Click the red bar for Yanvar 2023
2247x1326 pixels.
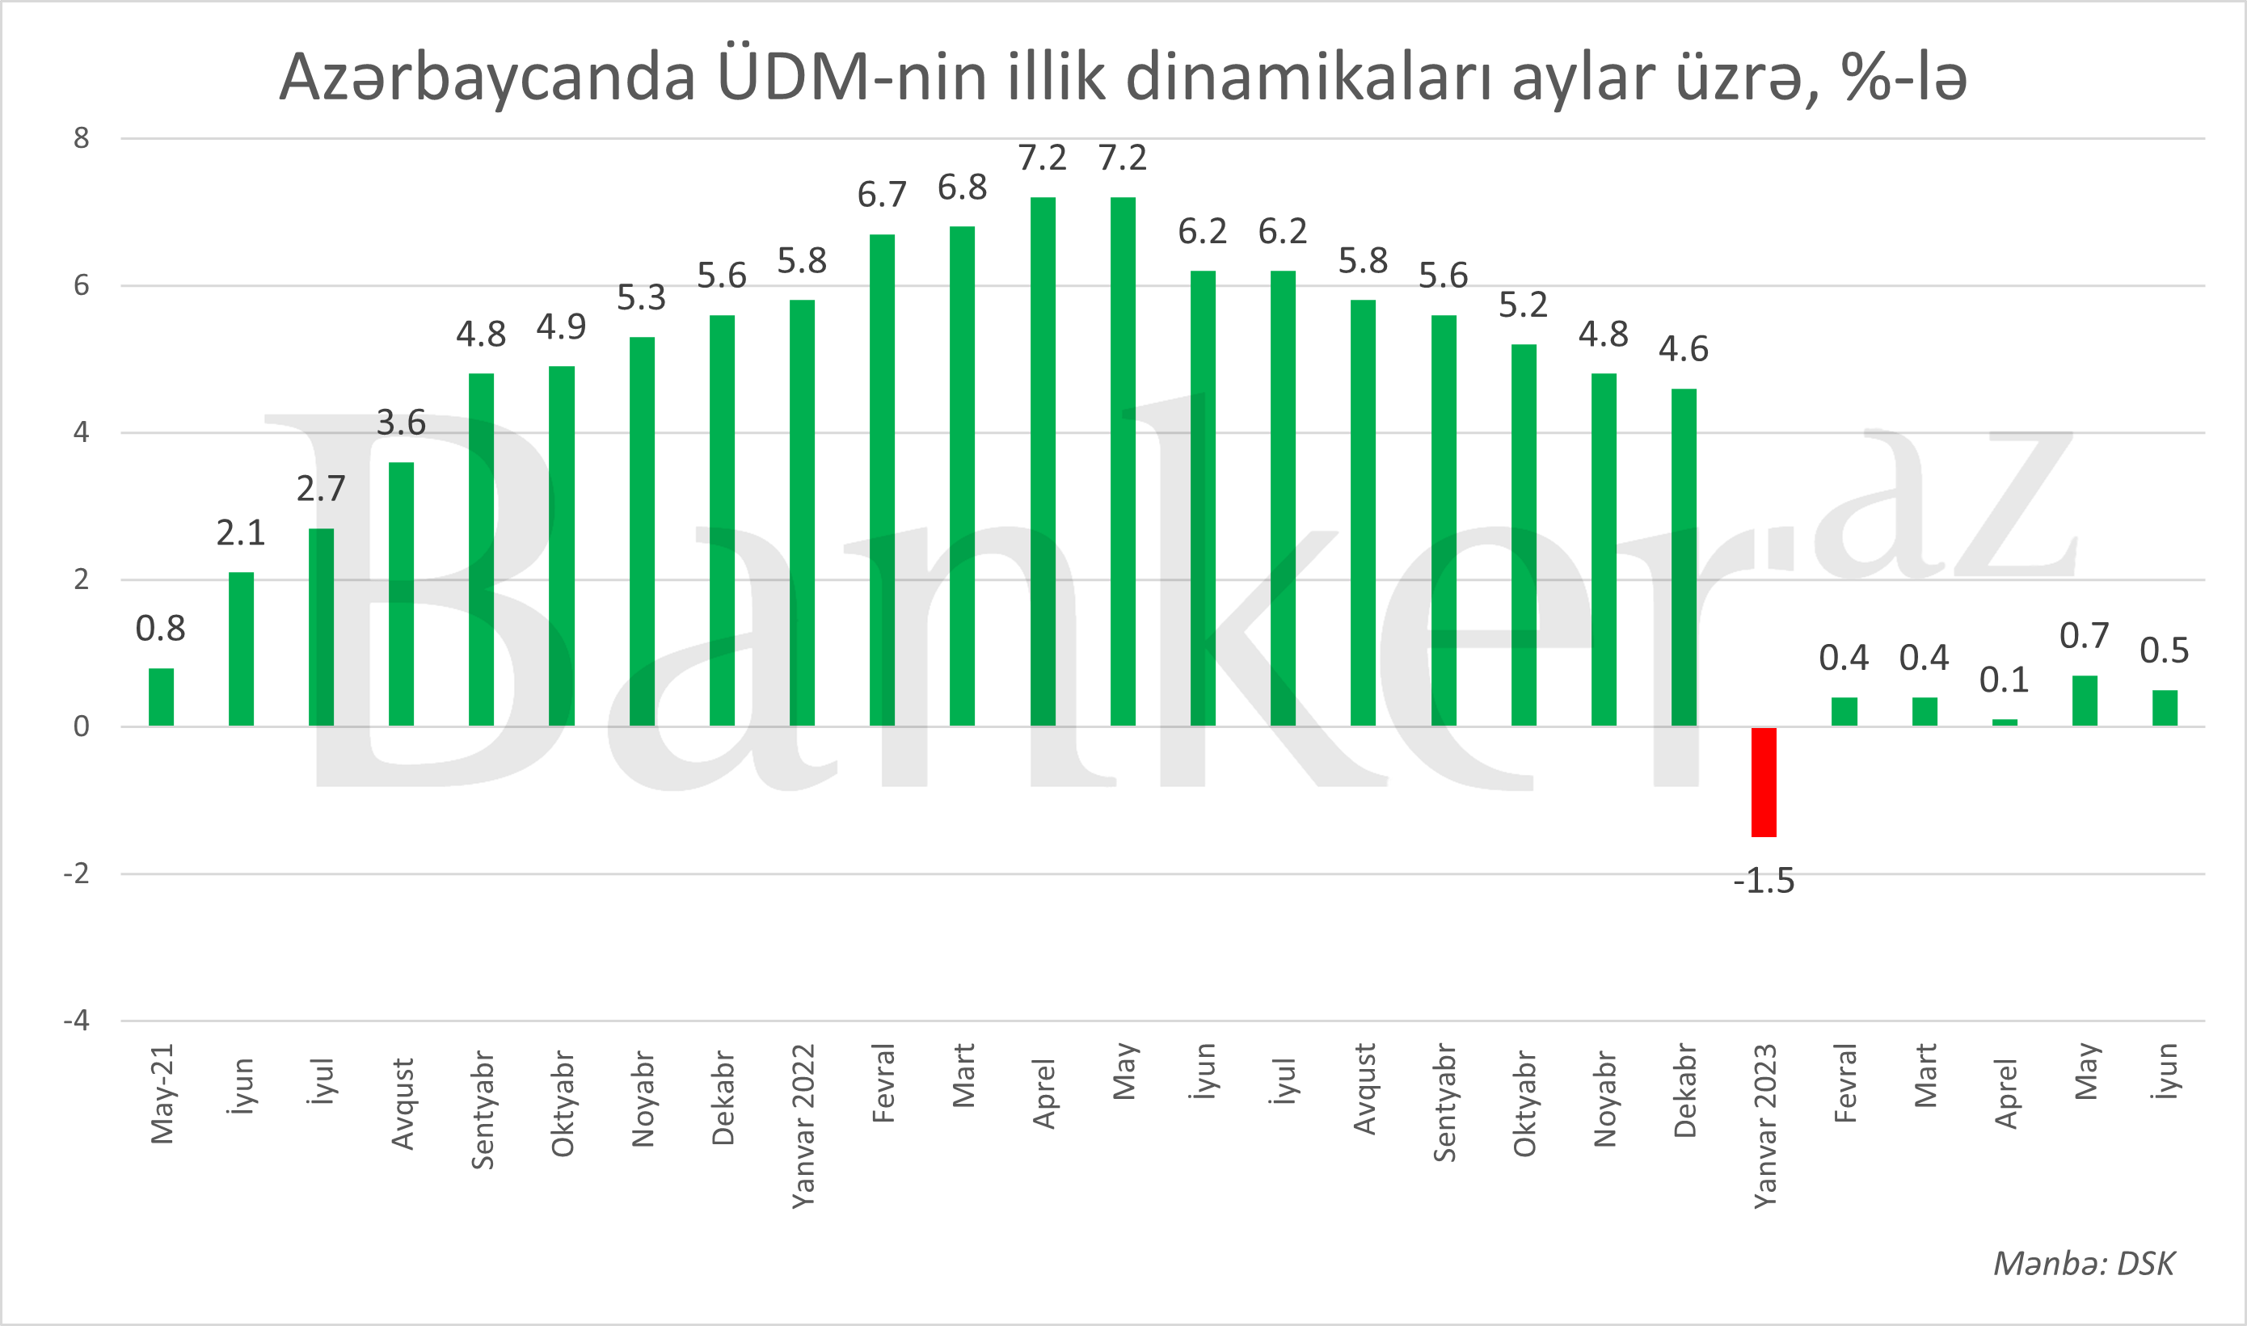1764,782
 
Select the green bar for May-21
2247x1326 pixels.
161,697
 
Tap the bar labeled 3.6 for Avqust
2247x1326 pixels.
402,594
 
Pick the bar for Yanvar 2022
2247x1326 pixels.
802,513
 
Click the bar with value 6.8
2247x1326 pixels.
962,475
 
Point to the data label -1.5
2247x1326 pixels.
1764,881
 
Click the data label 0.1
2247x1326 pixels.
2004,680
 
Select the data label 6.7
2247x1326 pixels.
881,195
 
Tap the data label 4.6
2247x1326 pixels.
1683,348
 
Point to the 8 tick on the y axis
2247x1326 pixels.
82,138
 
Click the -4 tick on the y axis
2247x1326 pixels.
77,1021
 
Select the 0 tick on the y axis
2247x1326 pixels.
82,726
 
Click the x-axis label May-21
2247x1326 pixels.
162,1093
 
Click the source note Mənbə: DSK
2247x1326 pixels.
2084,1264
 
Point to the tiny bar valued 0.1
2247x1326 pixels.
2004,722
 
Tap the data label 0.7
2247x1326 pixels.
2084,636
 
